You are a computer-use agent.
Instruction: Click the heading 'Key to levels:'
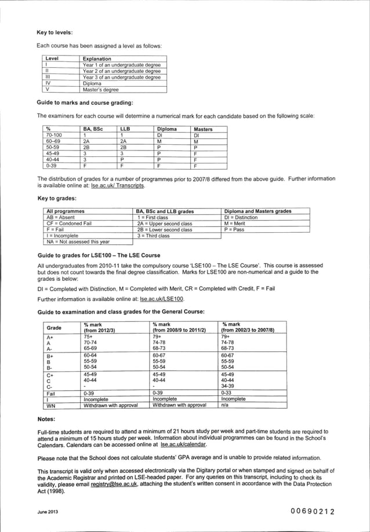click(55, 33)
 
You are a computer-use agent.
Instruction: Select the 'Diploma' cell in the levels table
click(92, 83)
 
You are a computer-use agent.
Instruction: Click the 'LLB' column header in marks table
click(125, 129)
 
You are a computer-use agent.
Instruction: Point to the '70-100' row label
click(54, 135)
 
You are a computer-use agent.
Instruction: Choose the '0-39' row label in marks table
click(52, 165)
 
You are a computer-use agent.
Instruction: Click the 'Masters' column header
click(203, 129)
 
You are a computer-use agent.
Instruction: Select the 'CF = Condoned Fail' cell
click(67, 223)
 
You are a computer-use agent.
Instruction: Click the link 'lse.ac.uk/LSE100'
click(162, 299)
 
